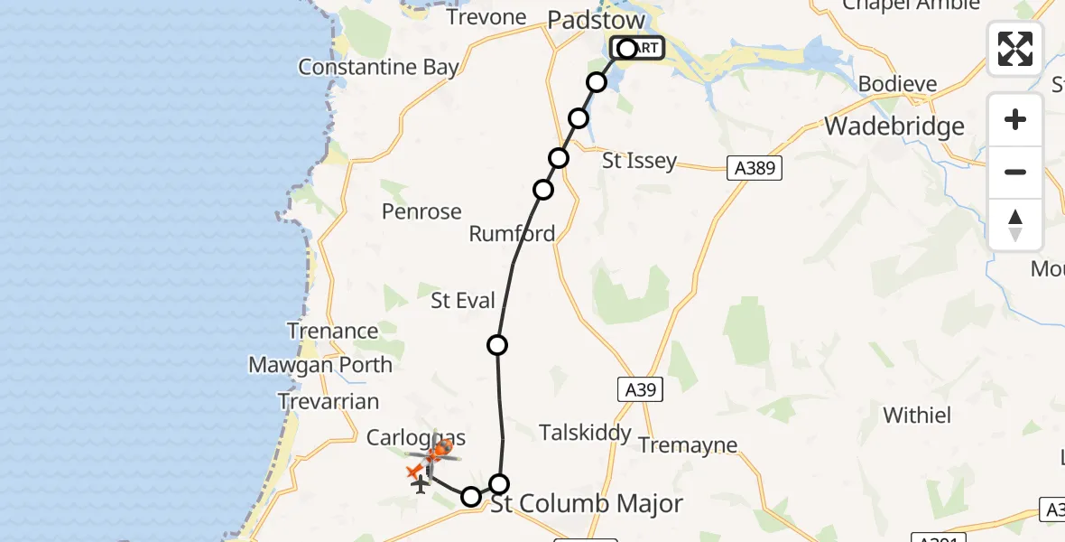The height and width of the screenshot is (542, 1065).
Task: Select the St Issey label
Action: [639, 161]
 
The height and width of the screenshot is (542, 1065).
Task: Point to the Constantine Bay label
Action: [378, 67]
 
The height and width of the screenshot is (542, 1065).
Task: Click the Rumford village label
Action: [512, 234]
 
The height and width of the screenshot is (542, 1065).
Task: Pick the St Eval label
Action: [463, 301]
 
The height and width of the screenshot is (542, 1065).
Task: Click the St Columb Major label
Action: [586, 503]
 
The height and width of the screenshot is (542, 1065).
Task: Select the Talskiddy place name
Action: [585, 433]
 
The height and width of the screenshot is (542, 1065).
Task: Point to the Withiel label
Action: [917, 416]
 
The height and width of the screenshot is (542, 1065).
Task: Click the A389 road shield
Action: [755, 167]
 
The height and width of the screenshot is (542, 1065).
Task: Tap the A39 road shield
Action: [640, 390]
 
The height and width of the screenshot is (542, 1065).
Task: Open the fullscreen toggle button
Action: [1014, 49]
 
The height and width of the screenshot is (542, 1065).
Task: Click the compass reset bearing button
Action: [1014, 225]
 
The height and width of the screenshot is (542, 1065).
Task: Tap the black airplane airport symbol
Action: [420, 484]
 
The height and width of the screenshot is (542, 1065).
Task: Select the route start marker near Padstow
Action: [627, 49]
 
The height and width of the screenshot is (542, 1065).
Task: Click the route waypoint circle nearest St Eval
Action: [496, 344]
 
